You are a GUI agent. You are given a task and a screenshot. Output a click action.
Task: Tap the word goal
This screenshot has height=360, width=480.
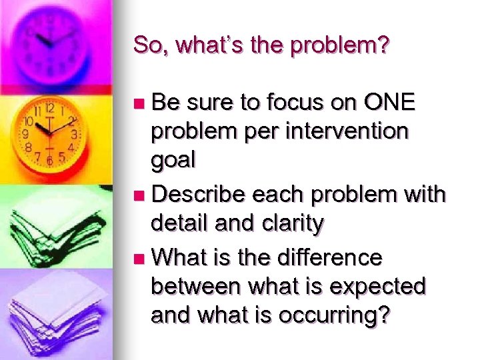(x=173, y=160)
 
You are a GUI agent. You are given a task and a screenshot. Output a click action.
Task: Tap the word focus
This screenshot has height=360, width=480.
(x=298, y=103)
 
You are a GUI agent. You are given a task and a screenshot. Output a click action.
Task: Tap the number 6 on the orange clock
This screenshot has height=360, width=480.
(x=49, y=160)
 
